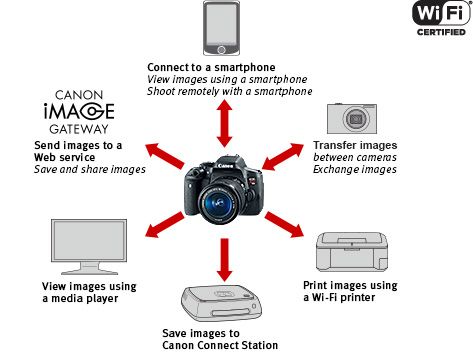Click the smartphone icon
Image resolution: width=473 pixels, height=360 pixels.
[x=221, y=28]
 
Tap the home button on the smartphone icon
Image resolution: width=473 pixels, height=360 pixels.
[x=221, y=50]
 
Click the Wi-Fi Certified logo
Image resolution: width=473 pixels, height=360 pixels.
[x=441, y=18]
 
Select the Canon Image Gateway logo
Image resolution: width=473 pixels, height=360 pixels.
[x=79, y=112]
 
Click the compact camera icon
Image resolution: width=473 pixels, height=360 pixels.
[x=352, y=118]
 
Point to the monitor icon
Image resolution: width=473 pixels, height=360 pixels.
[x=89, y=247]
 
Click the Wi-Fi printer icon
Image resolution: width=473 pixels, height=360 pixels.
[x=352, y=252]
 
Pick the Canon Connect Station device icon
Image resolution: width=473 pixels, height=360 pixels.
[x=221, y=303]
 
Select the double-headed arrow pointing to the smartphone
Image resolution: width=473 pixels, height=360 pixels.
[x=224, y=123]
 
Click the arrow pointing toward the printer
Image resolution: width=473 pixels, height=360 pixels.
[x=284, y=224]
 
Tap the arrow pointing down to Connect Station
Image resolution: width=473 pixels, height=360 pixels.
[x=224, y=260]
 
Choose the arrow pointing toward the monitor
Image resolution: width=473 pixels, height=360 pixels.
[x=165, y=225]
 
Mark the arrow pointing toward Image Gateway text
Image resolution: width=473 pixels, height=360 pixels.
[x=165, y=156]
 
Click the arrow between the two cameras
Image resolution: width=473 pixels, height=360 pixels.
[x=283, y=157]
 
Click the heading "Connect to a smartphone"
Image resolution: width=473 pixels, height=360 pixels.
[x=211, y=67]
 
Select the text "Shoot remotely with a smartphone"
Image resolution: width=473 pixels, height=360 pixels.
[x=230, y=91]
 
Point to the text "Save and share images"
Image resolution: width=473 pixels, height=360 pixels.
[x=90, y=169]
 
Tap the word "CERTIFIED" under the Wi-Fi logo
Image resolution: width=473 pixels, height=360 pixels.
[x=441, y=32]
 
